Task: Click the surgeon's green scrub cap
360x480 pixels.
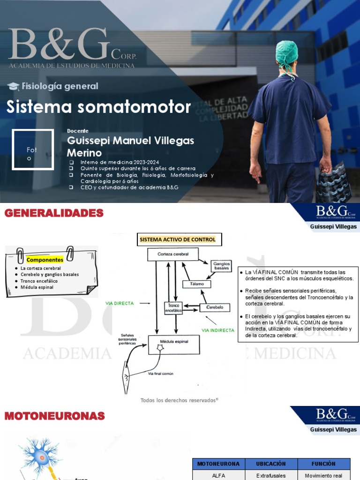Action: (286, 52)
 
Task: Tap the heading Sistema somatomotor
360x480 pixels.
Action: (98, 107)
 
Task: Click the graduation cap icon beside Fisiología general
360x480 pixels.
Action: (13, 86)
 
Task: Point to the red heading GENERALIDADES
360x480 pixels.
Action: (54, 214)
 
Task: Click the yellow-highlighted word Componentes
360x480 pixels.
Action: (45, 259)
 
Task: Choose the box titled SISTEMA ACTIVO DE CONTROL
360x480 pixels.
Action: (179, 240)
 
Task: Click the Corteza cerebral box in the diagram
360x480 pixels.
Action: (172, 254)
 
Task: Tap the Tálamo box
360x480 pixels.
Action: (196, 284)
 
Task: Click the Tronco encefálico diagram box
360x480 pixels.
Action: (172, 307)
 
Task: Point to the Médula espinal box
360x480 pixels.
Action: (174, 344)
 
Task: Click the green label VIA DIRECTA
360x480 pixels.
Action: (120, 303)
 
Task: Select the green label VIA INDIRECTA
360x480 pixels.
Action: (217, 330)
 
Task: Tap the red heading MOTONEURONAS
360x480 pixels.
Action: (55, 416)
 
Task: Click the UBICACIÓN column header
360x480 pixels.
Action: (271, 464)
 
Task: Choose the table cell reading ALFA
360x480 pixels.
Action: (218, 475)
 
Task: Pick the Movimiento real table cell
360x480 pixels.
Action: (324, 475)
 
